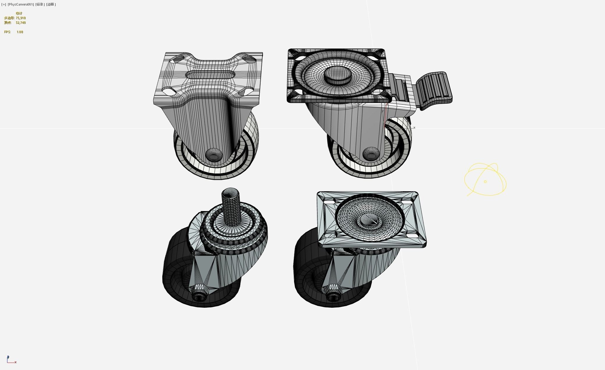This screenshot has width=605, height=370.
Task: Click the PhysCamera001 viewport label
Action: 21,4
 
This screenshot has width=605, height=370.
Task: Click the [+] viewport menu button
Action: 3,4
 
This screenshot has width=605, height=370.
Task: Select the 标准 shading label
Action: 40,4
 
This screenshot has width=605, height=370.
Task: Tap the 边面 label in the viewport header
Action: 51,4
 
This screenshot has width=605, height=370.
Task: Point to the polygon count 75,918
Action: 21,18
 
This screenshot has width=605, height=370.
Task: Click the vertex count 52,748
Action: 21,23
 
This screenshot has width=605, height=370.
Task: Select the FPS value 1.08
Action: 20,32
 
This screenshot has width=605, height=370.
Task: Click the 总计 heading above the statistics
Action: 19,13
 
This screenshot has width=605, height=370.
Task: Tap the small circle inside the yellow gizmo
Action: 485,182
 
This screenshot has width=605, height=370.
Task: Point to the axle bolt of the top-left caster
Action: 214,155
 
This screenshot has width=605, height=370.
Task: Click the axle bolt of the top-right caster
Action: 371,153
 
